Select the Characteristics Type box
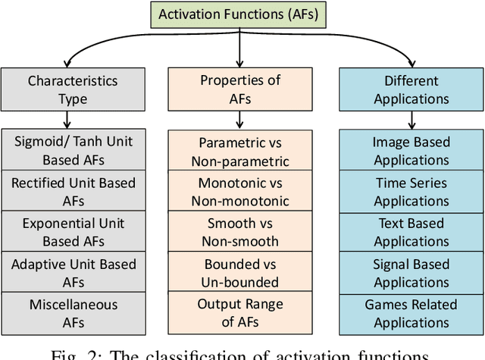coord(74,89)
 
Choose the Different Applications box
coord(411,89)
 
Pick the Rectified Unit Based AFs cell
coord(74,191)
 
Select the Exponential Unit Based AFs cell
coord(74,232)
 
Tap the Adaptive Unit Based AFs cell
coord(74,273)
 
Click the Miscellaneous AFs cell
coord(74,313)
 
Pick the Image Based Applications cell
coord(411,151)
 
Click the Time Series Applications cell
coord(411,192)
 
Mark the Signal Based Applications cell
coord(411,273)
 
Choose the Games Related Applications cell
coord(411,313)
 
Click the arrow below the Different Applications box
coord(411,120)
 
